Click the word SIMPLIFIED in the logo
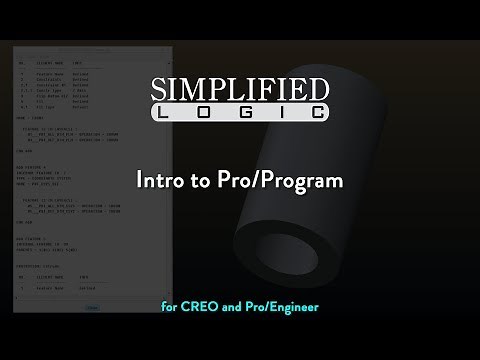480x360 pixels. pyautogui.click(x=240, y=90)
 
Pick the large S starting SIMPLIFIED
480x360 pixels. pyautogui.click(x=163, y=90)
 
